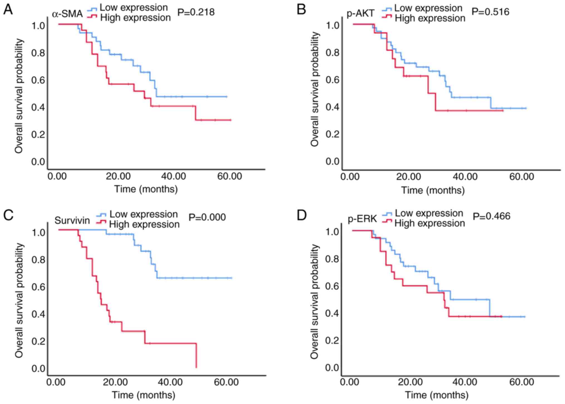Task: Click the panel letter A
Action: click(x=8, y=10)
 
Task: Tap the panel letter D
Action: click(x=302, y=216)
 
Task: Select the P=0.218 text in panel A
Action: click(x=196, y=12)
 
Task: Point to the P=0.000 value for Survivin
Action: click(x=207, y=217)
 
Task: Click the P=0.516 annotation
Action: click(x=490, y=12)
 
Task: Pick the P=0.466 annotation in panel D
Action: click(x=491, y=216)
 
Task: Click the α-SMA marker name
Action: click(x=67, y=14)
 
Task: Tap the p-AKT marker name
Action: click(x=361, y=14)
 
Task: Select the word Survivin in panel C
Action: click(x=72, y=220)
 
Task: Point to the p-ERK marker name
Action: click(x=362, y=219)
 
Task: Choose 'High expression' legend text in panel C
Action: click(x=144, y=224)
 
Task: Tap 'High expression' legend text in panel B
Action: click(x=430, y=18)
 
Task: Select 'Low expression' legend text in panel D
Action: click(x=429, y=213)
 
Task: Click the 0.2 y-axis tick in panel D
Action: click(x=332, y=341)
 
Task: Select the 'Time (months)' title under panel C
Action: click(x=144, y=395)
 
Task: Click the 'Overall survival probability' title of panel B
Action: click(x=315, y=89)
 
